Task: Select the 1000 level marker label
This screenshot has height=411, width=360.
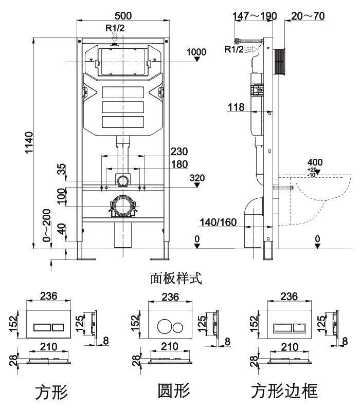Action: click(196, 51)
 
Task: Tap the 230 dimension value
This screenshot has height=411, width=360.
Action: click(179, 152)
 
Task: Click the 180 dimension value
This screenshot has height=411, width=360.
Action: click(179, 164)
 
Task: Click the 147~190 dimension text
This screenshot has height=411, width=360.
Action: click(255, 16)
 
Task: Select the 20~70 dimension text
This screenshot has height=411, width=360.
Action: click(308, 16)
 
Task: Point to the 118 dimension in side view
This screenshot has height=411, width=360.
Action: click(237, 107)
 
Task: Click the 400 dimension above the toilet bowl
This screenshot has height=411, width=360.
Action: click(315, 163)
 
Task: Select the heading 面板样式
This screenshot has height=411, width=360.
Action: click(176, 278)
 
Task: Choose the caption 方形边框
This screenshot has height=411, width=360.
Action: click(285, 391)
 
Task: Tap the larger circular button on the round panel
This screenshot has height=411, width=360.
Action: click(163, 327)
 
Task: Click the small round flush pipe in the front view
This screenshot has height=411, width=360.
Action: click(122, 181)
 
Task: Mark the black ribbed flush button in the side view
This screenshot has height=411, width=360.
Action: click(279, 61)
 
